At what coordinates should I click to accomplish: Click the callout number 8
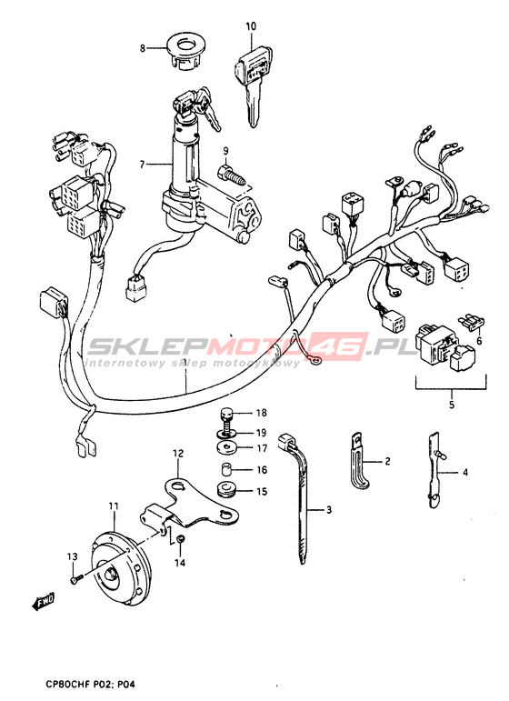143,47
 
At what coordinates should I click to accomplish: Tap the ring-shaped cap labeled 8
184,52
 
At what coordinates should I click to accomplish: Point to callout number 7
142,165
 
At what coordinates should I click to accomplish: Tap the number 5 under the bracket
452,405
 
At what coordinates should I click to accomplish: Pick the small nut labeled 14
180,540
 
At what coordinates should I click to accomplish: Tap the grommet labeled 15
227,489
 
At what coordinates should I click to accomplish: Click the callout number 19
262,433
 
